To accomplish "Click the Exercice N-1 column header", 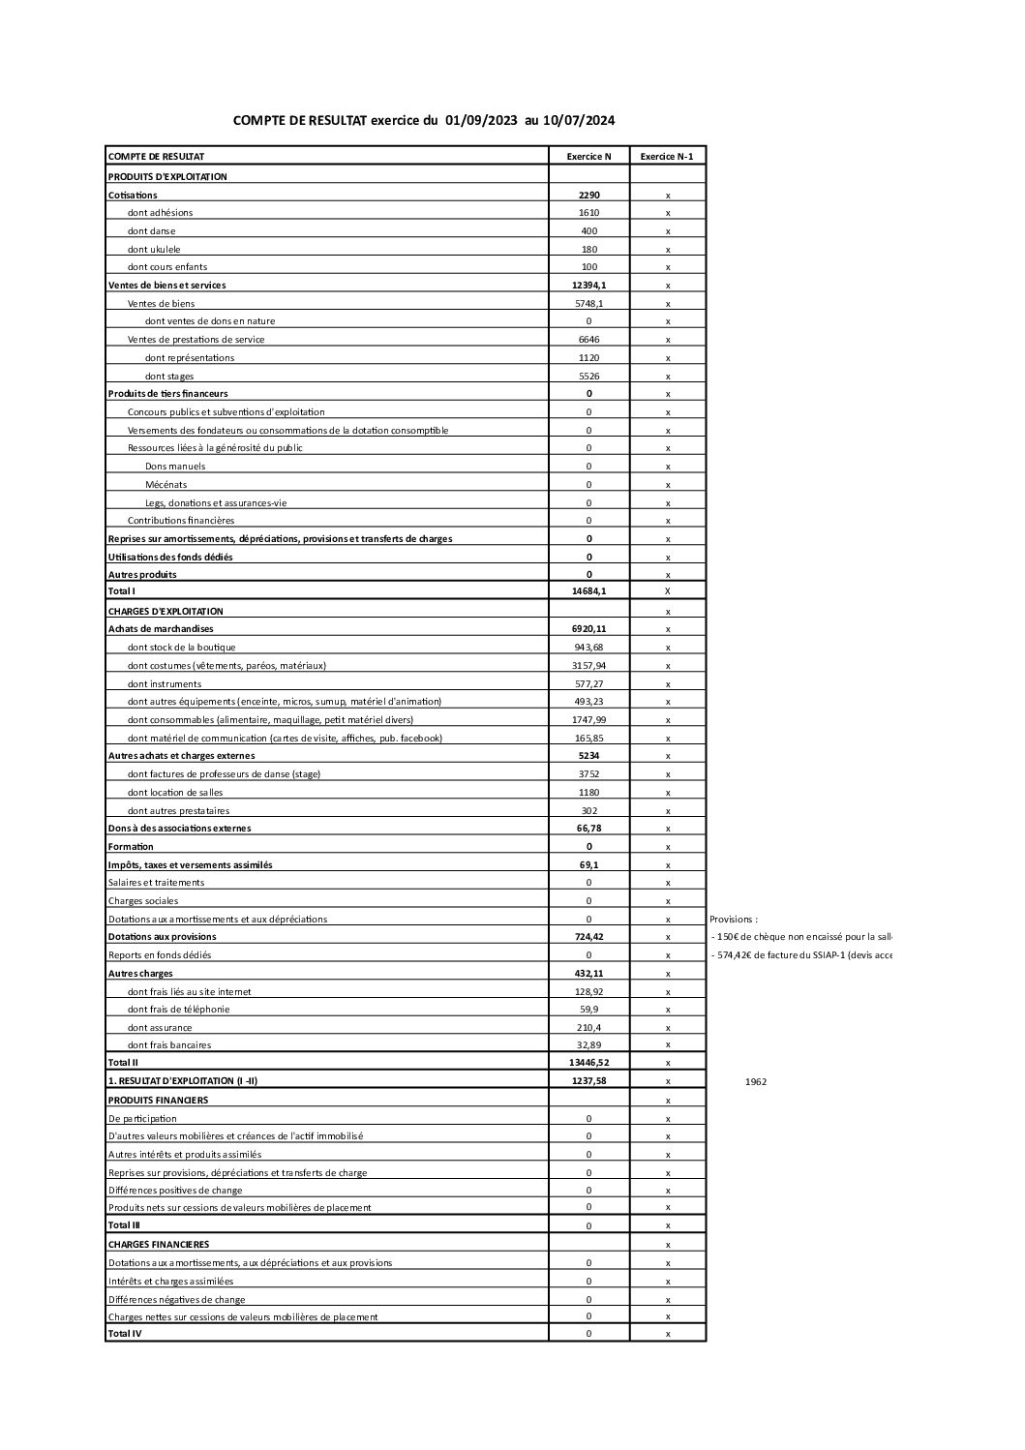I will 667,156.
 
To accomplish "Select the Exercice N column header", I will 588,156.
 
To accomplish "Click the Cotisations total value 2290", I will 588,195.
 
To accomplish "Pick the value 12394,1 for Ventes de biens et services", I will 588,285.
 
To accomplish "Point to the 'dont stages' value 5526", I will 588,376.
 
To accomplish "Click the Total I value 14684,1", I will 588,590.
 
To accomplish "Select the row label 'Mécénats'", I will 166,484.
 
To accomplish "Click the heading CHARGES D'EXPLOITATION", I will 166,611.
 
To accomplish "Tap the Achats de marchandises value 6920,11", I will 588,628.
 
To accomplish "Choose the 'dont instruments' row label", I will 165,683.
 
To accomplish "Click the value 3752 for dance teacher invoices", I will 588,773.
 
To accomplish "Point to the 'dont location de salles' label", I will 175,792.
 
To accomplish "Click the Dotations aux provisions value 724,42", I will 588,936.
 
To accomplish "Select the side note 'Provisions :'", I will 734,919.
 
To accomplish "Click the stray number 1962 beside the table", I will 756,1081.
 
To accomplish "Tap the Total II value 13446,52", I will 588,1062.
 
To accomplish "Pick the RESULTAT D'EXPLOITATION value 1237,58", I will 588,1080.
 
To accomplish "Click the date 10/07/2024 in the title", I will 578,121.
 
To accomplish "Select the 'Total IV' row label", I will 125,1333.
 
